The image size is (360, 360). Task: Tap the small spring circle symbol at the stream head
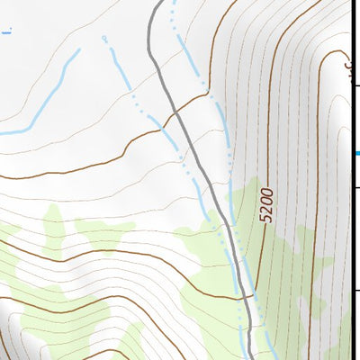105,38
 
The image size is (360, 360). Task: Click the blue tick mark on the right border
357,153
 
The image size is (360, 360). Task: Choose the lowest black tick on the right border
356,290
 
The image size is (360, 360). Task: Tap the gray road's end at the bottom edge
249,357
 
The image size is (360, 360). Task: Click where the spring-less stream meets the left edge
2,133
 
